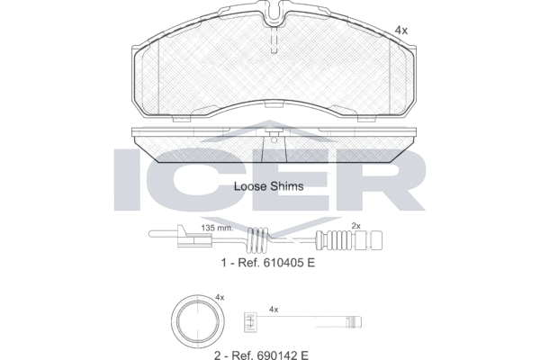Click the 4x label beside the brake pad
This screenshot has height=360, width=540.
tap(400, 31)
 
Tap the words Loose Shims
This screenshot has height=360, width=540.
tap(268, 186)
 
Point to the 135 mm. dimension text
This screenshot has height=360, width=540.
tap(217, 228)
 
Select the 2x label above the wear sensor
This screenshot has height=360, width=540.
tap(355, 226)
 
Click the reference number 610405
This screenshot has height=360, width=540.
tap(283, 263)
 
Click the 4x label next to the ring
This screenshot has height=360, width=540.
tap(220, 297)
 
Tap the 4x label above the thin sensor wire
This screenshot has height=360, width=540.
tap(274, 310)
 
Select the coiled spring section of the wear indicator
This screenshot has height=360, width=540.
tap(257, 238)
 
